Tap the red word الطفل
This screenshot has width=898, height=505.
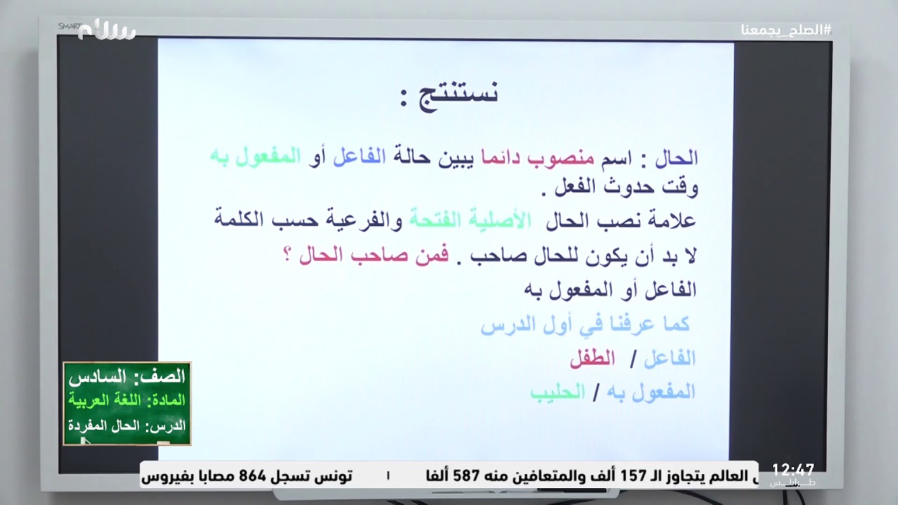pyautogui.click(x=592, y=358)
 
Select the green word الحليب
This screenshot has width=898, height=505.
pyautogui.click(x=558, y=392)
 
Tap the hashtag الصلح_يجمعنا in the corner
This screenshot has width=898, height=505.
pyautogui.click(x=786, y=30)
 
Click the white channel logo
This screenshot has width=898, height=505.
pyautogui.click(x=107, y=30)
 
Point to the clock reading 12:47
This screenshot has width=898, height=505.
pyautogui.click(x=793, y=470)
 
